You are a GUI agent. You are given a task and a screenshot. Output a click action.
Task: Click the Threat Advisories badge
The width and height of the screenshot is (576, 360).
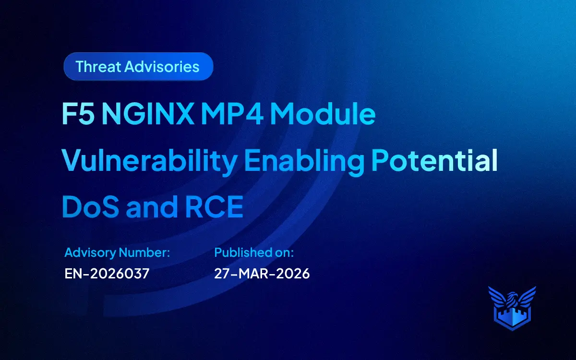[x=138, y=66]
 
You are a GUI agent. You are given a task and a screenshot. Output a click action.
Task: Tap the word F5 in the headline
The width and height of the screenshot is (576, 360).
[x=77, y=116]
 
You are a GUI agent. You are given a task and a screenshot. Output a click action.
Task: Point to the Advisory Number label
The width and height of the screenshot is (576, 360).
[x=117, y=252]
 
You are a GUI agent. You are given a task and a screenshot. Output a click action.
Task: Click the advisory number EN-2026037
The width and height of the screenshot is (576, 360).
[x=107, y=274]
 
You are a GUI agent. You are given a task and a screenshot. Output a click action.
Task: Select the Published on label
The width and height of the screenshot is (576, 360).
[x=254, y=252]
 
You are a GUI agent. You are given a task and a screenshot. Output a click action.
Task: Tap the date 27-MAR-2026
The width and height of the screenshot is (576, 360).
[x=262, y=274]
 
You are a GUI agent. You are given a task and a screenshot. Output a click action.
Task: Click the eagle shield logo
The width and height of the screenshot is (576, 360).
[x=512, y=307]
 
